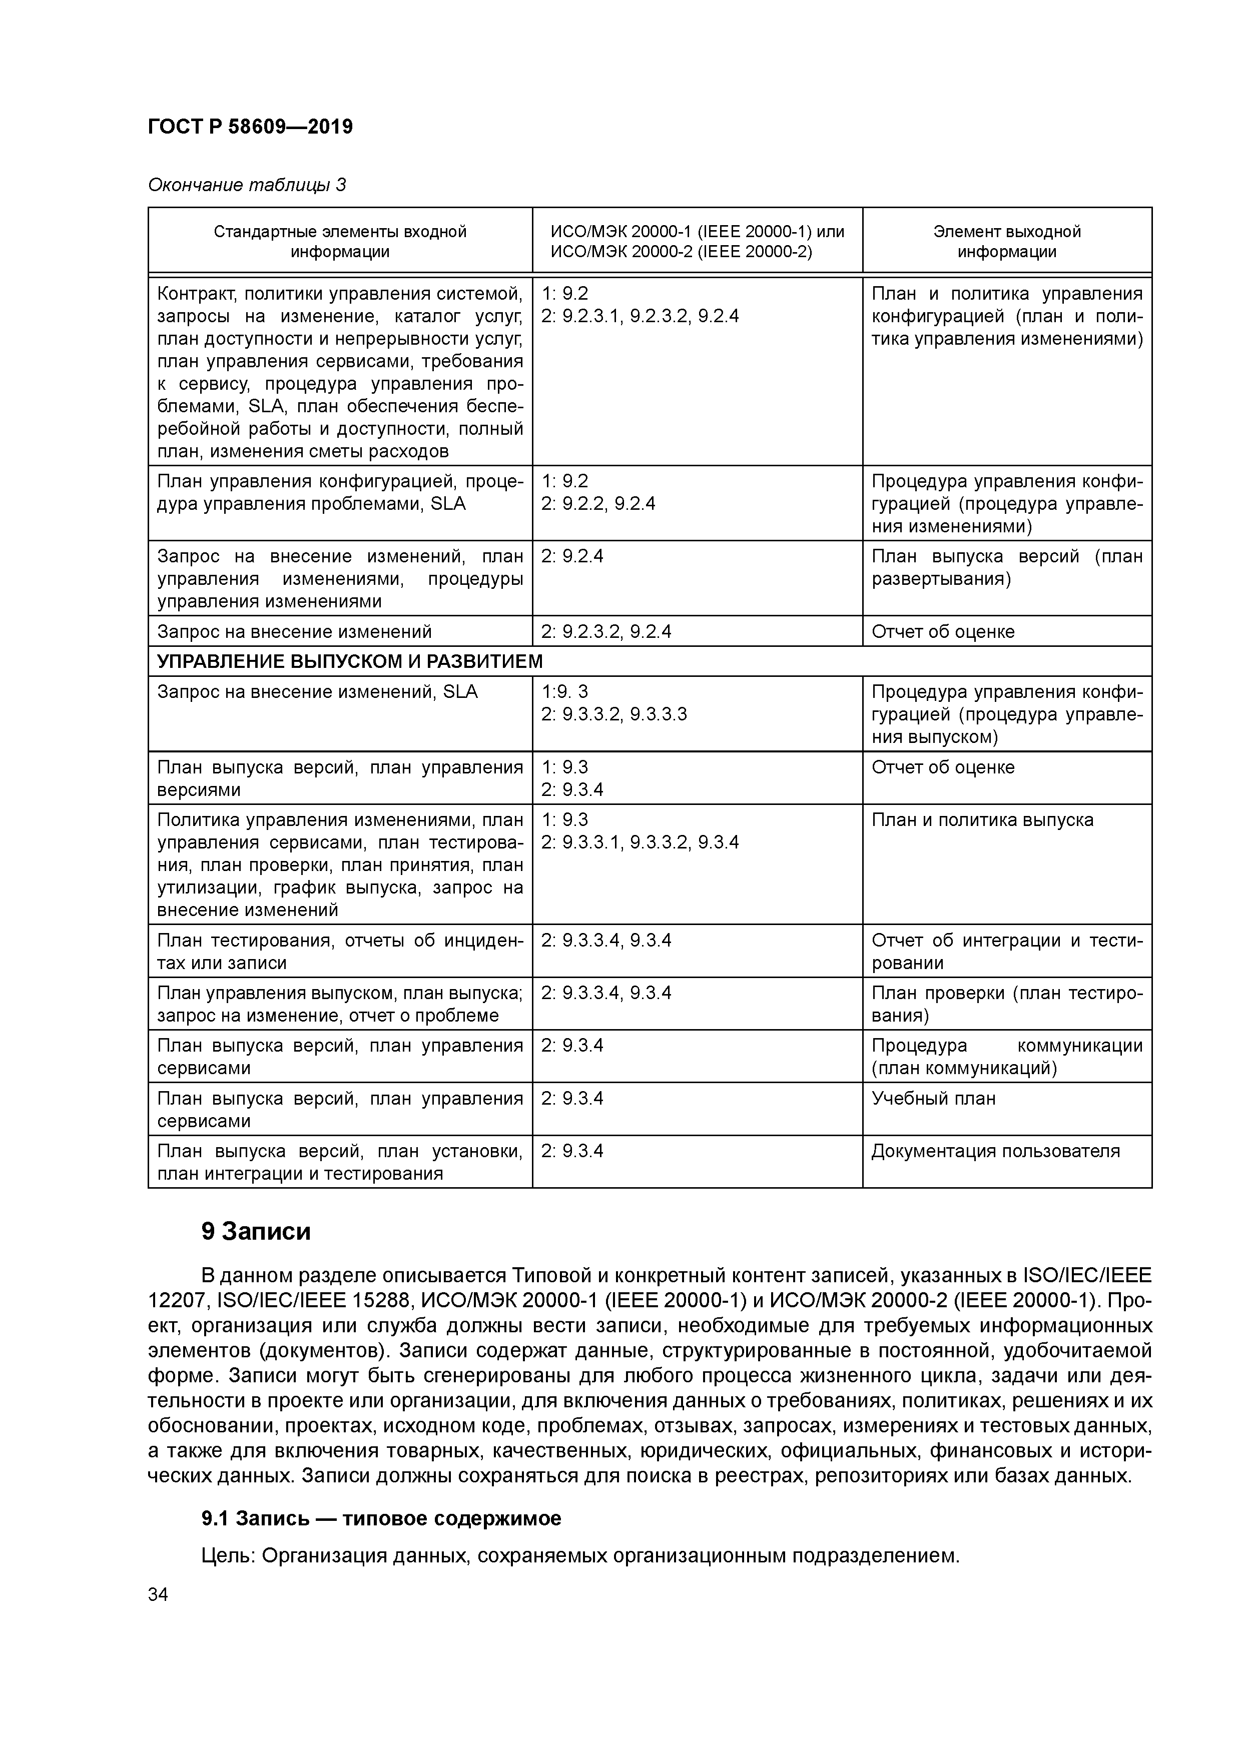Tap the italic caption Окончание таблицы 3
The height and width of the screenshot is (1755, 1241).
pos(246,185)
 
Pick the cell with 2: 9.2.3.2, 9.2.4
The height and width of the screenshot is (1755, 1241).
pos(605,631)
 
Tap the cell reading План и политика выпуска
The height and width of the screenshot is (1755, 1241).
pos(982,820)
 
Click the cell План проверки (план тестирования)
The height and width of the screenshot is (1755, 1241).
pos(1006,1004)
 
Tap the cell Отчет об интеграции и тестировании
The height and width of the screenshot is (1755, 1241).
pos(1006,951)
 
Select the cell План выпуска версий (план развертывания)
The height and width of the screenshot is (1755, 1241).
pos(1006,567)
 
